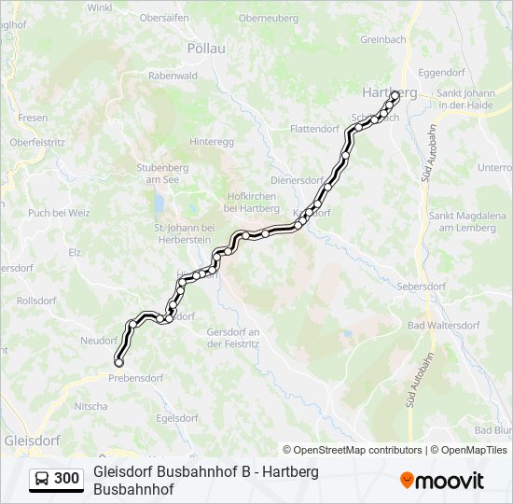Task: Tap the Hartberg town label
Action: pyautogui.click(x=388, y=92)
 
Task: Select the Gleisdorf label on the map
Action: pyautogui.click(x=32, y=439)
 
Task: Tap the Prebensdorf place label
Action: pyautogui.click(x=135, y=378)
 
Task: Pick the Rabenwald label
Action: pyautogui.click(x=173, y=76)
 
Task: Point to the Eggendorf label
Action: pyautogui.click(x=442, y=71)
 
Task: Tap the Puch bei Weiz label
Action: pyautogui.click(x=59, y=213)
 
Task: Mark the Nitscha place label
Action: pyautogui.click(x=90, y=406)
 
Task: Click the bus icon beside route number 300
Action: pyautogui.click(x=42, y=479)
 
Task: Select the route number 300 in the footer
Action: pyautogui.click(x=66, y=479)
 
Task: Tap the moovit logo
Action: pyautogui.click(x=442, y=481)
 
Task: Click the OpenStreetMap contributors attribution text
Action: pyautogui.click(x=353, y=450)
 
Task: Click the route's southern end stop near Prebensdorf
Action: pyautogui.click(x=118, y=362)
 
